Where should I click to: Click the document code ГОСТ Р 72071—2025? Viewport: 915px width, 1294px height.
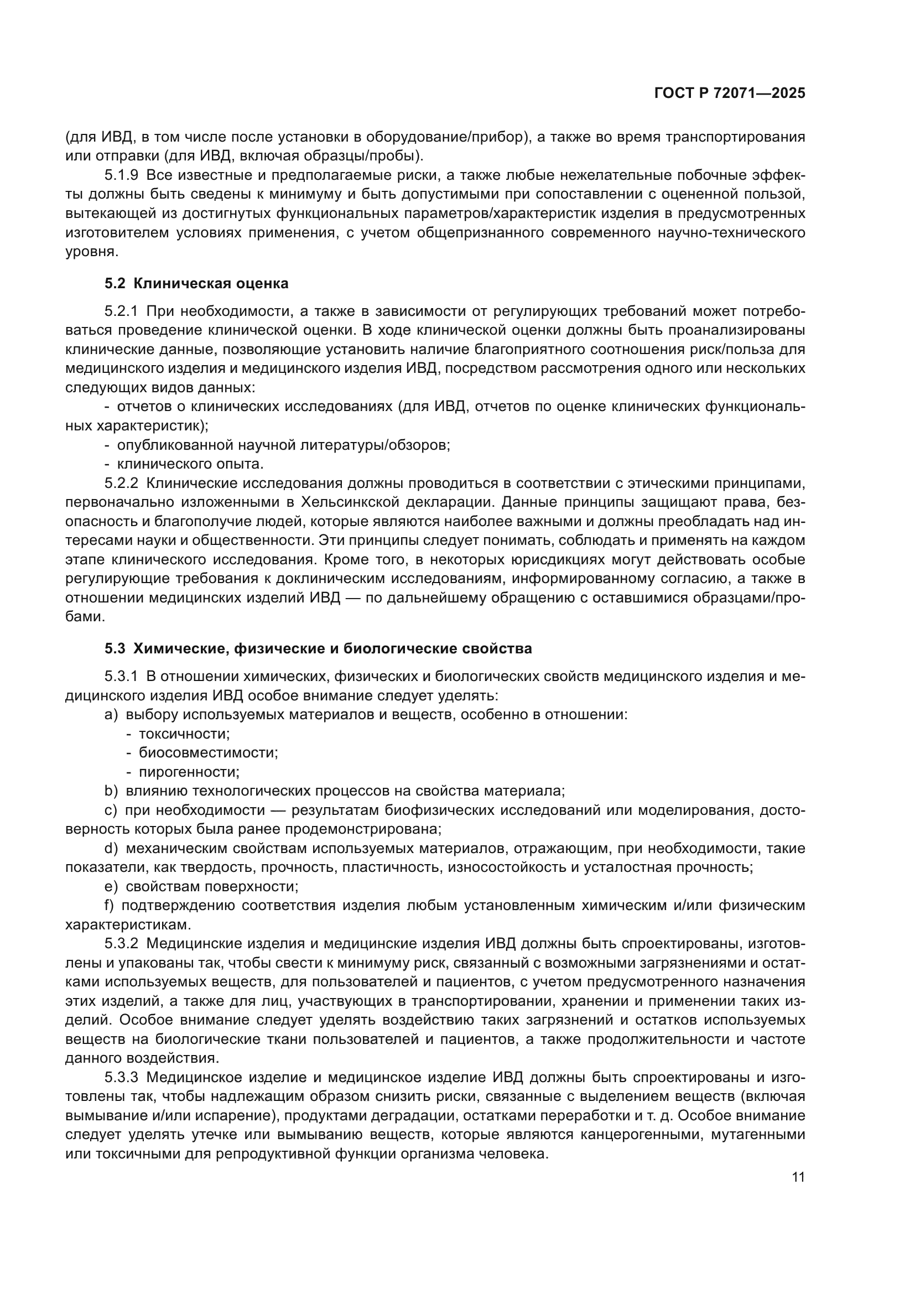coord(730,93)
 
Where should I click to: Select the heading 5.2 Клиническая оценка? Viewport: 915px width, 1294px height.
coord(196,283)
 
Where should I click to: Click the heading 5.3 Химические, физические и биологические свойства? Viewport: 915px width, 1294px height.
coord(318,648)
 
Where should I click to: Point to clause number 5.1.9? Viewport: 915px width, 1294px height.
coord(121,175)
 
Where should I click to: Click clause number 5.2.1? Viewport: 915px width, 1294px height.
coord(121,311)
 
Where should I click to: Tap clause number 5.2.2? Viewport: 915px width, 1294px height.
coord(121,483)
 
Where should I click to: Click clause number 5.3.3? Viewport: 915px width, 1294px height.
coord(121,1078)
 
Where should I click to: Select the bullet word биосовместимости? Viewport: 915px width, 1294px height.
coord(209,753)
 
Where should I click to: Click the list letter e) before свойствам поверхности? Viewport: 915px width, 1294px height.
coord(111,886)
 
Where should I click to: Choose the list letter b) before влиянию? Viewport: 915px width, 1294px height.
coord(111,791)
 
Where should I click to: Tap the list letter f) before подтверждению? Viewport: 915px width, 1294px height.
coord(110,906)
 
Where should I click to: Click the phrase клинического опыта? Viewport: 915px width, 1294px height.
coord(190,464)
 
